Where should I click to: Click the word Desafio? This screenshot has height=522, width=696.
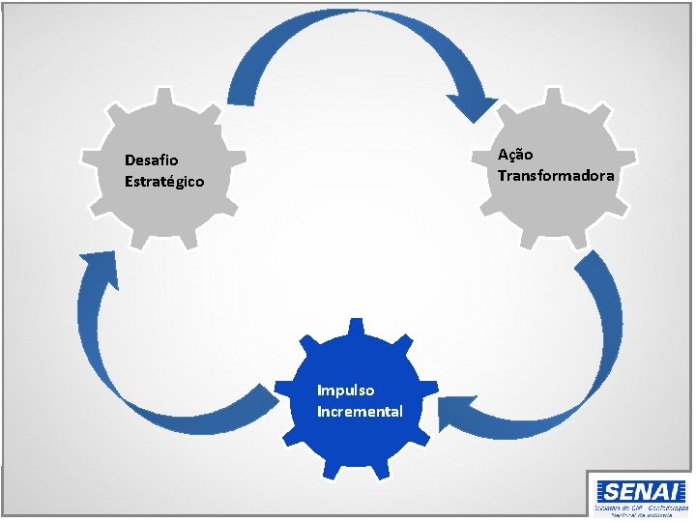click(151, 160)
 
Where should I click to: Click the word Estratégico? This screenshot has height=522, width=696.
click(164, 181)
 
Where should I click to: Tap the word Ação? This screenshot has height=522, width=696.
click(515, 155)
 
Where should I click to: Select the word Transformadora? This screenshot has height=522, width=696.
click(556, 175)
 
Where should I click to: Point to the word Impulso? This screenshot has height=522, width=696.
click(346, 391)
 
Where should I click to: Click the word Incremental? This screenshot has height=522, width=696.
click(360, 412)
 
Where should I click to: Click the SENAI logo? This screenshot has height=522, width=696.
click(640, 491)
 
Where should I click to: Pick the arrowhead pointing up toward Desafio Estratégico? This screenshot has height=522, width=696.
click(98, 267)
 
